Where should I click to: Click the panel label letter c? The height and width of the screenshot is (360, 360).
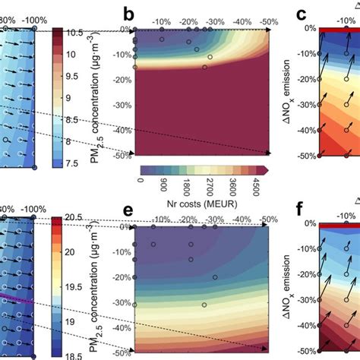301,14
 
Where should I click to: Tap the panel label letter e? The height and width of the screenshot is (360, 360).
128,210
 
